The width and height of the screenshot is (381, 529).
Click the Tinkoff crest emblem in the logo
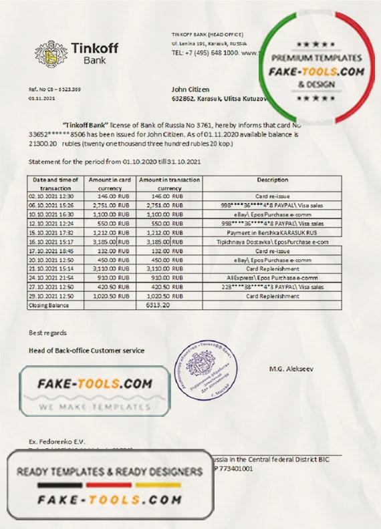[x=47, y=53]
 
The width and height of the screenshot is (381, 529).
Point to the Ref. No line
[x=55, y=89]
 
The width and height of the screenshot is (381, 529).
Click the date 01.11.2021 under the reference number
[x=41, y=98]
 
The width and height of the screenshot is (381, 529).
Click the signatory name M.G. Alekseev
[x=291, y=369]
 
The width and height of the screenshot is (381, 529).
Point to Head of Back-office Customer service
[x=86, y=350]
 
